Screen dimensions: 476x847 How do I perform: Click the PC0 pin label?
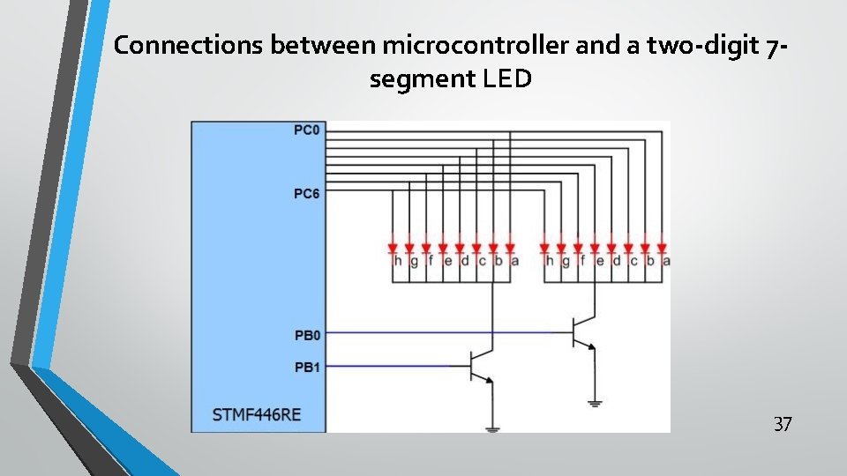click(307, 130)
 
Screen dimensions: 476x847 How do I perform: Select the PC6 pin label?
click(307, 193)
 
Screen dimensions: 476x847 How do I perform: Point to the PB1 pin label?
click(307, 366)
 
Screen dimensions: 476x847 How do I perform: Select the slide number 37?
click(783, 425)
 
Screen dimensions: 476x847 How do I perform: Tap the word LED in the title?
click(507, 79)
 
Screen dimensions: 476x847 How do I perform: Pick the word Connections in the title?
click(188, 46)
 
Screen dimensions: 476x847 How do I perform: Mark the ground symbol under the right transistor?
click(594, 403)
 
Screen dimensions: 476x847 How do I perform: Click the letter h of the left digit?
click(397, 261)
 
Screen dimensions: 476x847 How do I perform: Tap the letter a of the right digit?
click(665, 261)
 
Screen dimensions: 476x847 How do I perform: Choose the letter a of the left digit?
click(514, 261)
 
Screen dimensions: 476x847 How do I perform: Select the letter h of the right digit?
click(549, 261)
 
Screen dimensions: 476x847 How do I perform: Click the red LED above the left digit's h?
click(393, 248)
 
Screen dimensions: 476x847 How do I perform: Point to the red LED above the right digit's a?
click(661, 248)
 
